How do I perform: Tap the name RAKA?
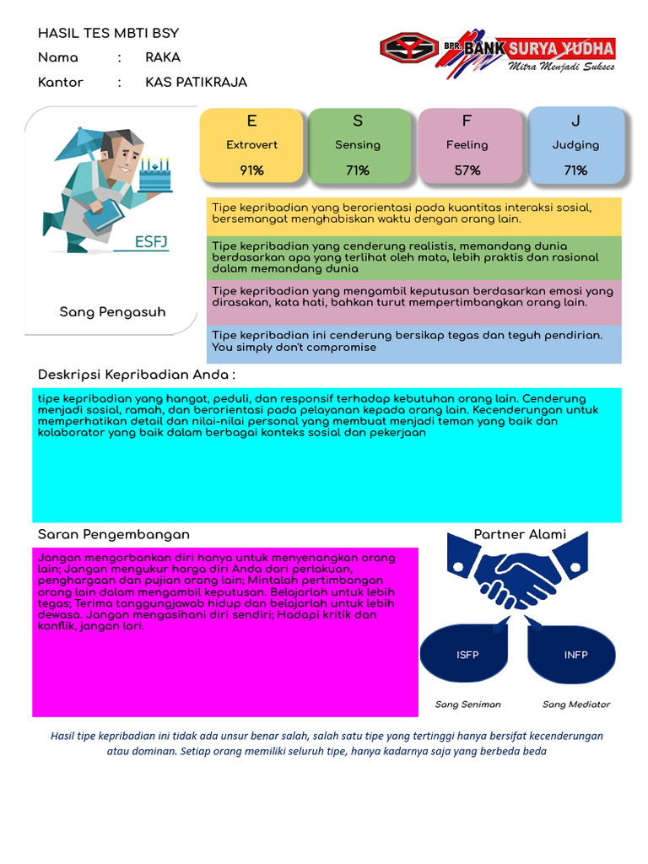tap(163, 58)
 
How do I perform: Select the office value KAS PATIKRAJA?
tap(196, 83)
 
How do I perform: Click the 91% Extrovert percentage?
tap(251, 170)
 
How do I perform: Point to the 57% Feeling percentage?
tap(467, 170)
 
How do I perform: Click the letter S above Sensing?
tap(358, 121)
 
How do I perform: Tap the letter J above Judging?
tap(575, 121)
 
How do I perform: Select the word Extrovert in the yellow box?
tap(251, 145)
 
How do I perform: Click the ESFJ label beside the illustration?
tap(152, 243)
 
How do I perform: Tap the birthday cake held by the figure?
tap(154, 176)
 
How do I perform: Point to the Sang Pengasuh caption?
tap(112, 312)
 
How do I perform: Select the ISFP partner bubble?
tap(467, 655)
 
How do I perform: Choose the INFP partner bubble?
tap(575, 655)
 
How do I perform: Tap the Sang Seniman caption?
tap(467, 705)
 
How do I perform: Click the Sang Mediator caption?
tap(575, 705)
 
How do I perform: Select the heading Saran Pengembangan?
tap(114, 535)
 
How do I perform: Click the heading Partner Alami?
tap(520, 535)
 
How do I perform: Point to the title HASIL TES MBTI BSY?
tap(108, 34)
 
